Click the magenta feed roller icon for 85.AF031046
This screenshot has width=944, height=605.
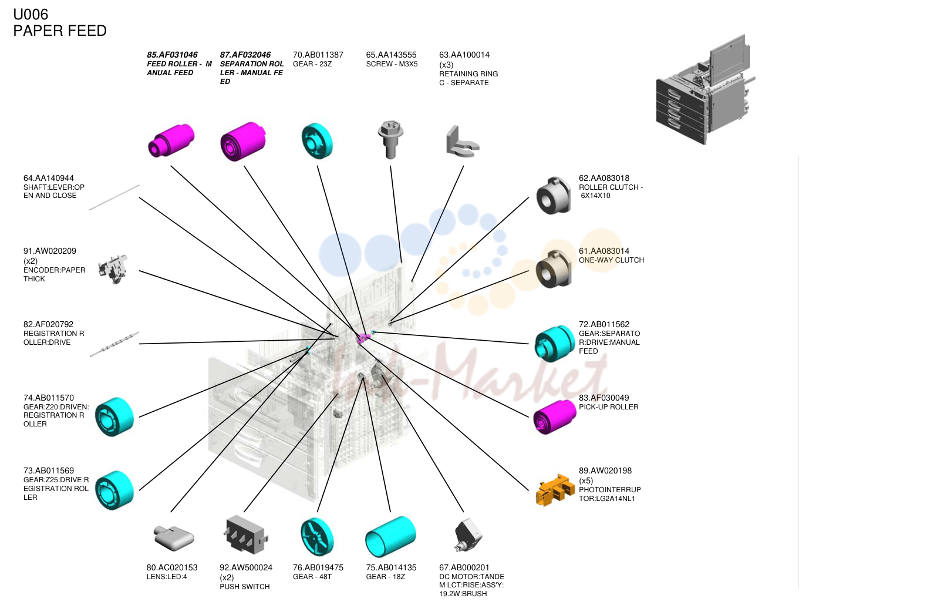171,140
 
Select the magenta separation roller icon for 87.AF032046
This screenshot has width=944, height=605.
243,142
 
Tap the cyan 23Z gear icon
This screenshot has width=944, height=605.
318,141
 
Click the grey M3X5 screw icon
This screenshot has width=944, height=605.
390,140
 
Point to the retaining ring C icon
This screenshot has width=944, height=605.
462,141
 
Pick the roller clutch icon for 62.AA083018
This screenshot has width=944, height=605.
554,196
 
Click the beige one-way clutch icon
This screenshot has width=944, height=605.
554,269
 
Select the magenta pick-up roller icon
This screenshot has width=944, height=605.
555,416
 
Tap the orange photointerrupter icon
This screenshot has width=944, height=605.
555,490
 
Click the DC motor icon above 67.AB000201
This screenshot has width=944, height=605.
468,535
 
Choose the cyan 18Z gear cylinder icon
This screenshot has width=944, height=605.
390,536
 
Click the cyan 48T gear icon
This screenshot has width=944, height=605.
318,537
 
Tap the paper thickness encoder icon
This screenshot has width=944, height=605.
113,269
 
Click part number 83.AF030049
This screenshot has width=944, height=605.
604,398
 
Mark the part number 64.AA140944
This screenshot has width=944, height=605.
49,178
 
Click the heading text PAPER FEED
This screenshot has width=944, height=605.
60,31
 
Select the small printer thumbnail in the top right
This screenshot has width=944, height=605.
706,90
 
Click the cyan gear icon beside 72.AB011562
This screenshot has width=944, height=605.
555,344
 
